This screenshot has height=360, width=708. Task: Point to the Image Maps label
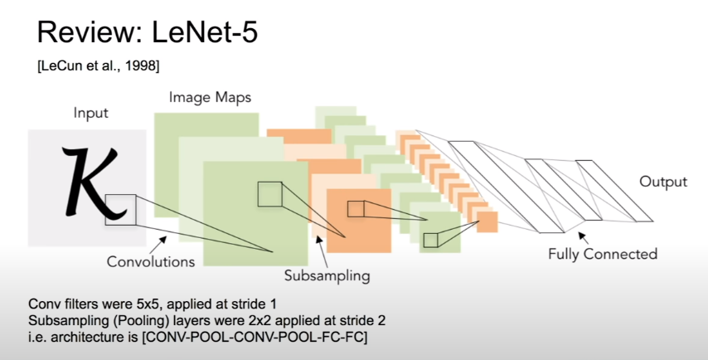tap(210, 97)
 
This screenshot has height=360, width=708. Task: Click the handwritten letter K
tap(82, 179)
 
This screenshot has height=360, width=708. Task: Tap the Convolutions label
tap(151, 261)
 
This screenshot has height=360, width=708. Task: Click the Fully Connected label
tap(602, 254)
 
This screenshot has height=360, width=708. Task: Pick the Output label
tap(662, 182)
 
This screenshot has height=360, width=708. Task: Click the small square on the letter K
tap(119, 208)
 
